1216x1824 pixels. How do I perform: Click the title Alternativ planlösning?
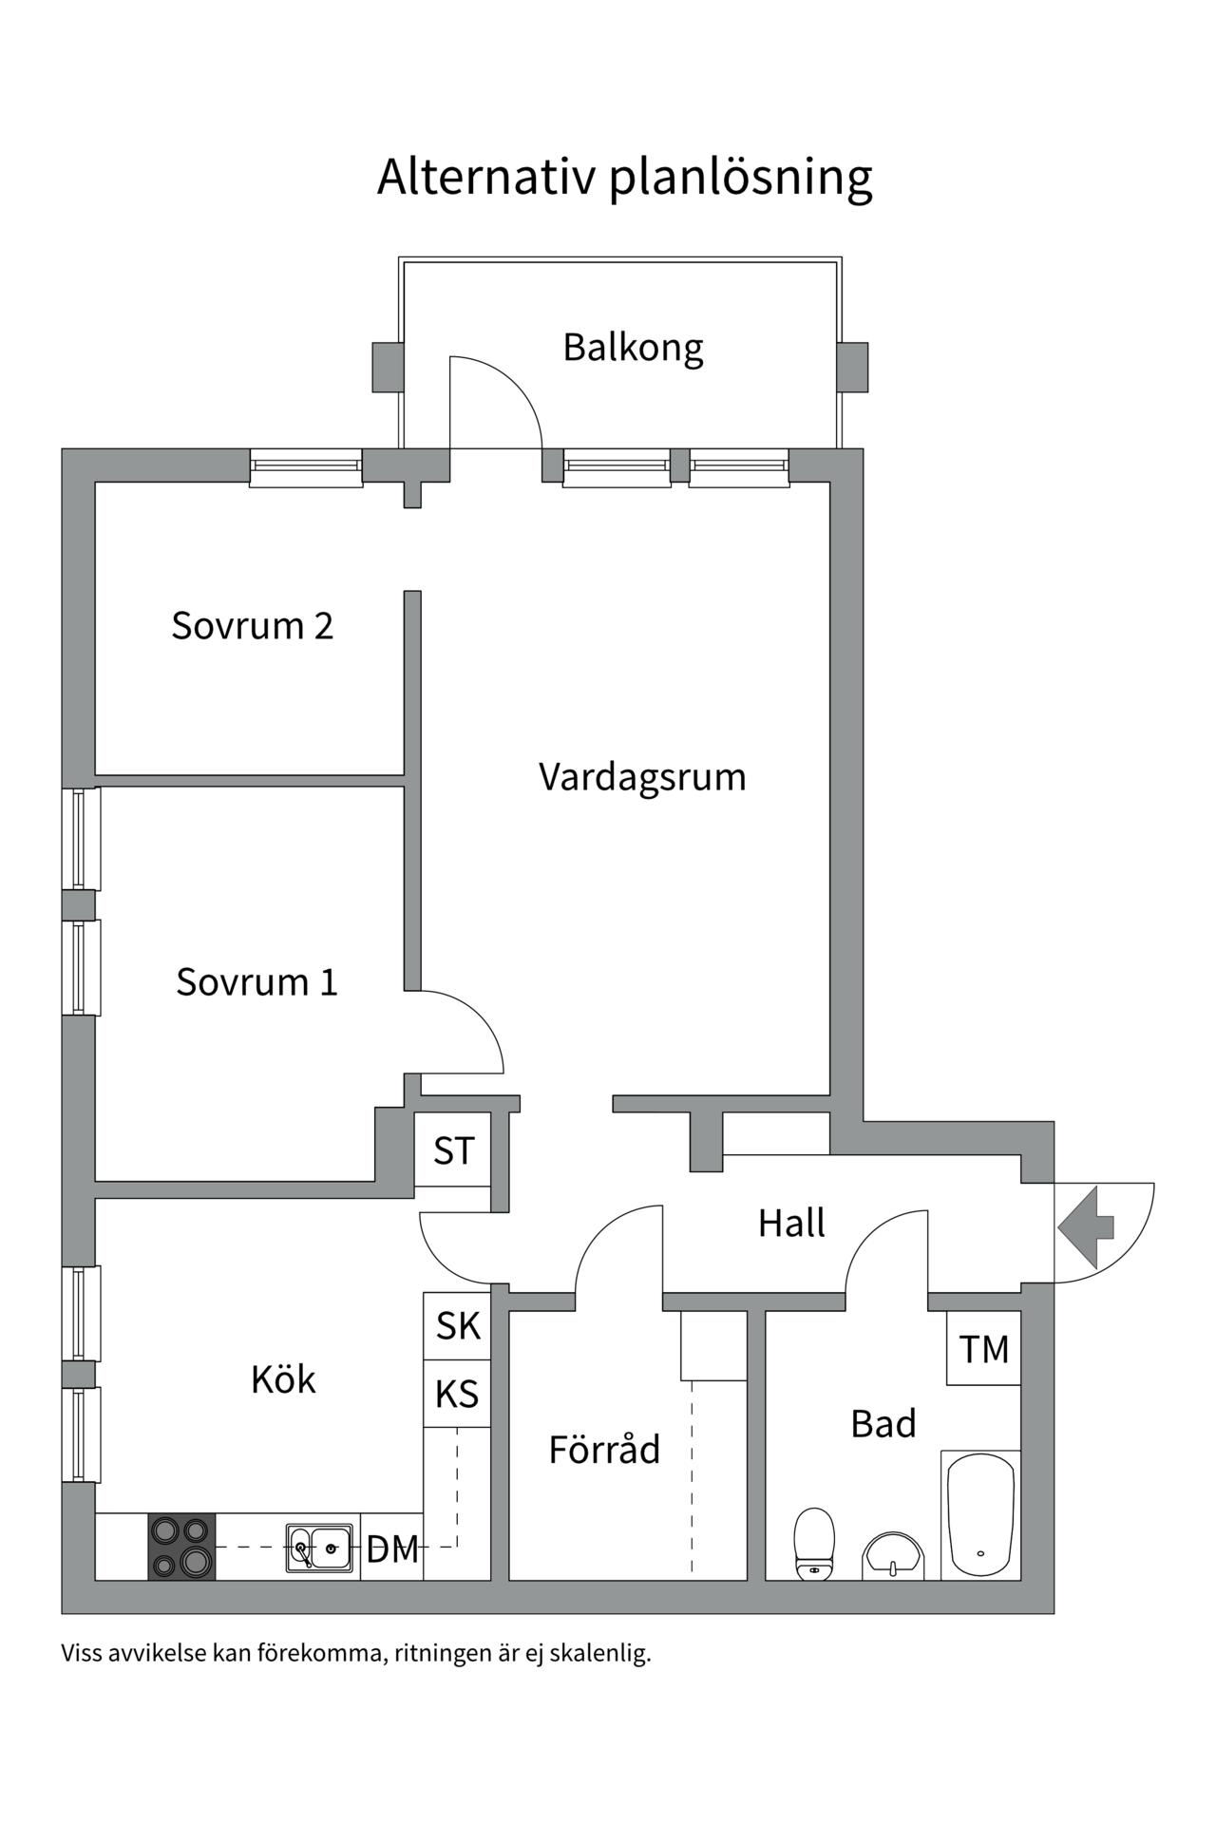pos(624,177)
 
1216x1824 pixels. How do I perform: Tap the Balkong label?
pos(633,347)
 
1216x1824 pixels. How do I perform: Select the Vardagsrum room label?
pos(642,777)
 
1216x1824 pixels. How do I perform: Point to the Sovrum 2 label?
pos(252,626)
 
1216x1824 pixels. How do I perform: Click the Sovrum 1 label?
pos(256,981)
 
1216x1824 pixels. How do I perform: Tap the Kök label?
pos(282,1379)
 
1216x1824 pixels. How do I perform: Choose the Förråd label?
pos(604,1450)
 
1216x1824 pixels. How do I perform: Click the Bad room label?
pos(883,1424)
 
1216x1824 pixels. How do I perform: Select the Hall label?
pos(791,1224)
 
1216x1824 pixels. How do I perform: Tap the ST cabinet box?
pos(453,1150)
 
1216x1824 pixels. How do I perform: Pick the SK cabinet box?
pos(457,1326)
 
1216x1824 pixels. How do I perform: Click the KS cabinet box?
pos(457,1394)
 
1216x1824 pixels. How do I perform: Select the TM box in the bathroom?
pos(983,1349)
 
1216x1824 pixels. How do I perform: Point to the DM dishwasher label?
pos(392,1549)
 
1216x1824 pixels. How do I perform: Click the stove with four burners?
pos(181,1547)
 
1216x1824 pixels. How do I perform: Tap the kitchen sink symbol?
pos(319,1548)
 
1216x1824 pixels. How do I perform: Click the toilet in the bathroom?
pos(814,1543)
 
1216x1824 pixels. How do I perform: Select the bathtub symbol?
pos(980,1516)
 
